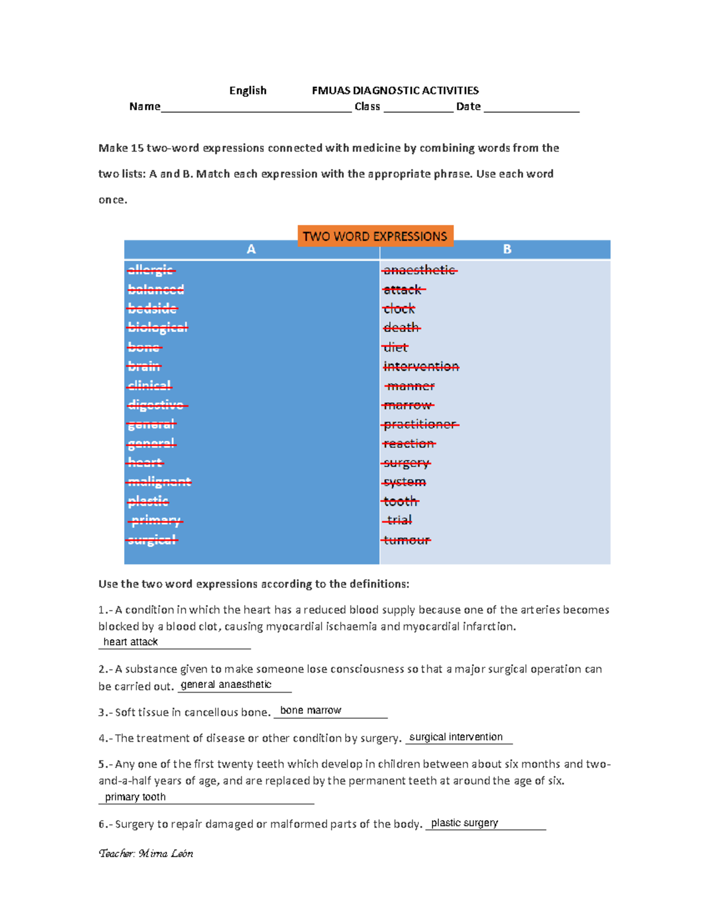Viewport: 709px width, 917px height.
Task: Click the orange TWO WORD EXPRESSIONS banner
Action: (375, 236)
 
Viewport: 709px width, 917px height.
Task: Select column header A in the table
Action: (251, 250)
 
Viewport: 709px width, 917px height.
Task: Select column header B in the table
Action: (507, 250)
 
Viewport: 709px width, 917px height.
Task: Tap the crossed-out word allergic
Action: (151, 270)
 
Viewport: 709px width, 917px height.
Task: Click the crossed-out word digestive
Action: (157, 405)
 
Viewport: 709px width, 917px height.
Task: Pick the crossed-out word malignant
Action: (159, 482)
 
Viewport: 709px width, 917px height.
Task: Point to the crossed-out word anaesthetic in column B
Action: (419, 270)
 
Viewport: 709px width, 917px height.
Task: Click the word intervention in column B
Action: (421, 367)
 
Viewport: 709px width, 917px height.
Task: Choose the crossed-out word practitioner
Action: (419, 425)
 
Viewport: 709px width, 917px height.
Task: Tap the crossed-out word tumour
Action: (406, 540)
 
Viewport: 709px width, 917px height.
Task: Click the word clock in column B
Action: (399, 309)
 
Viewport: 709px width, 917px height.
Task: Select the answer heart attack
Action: (131, 642)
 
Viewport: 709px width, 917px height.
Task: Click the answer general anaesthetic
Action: (226, 684)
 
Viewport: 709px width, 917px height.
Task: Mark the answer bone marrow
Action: (311, 710)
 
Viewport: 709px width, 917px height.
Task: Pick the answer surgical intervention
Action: (456, 737)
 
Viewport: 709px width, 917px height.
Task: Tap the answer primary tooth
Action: (135, 797)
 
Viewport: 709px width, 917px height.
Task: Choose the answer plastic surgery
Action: (464, 823)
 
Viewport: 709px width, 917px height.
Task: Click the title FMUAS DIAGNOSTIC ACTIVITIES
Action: (395, 90)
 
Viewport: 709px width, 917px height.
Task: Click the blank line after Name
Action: (256, 107)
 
